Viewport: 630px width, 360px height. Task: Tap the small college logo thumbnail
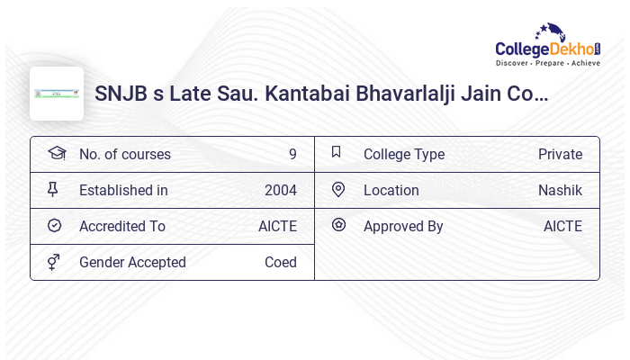(57, 94)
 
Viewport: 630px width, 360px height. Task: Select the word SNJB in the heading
(121, 94)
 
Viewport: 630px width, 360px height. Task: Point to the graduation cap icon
(56, 154)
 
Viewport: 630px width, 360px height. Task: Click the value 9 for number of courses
(292, 155)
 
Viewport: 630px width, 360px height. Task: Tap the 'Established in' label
(123, 191)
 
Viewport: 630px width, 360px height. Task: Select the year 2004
(281, 191)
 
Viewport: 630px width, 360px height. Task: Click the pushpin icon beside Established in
(53, 190)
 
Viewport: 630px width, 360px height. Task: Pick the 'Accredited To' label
(122, 227)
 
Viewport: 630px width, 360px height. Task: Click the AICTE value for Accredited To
(277, 227)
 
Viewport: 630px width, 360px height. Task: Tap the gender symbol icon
(54, 262)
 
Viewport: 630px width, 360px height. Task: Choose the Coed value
(281, 263)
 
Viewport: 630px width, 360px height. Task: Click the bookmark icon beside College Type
(337, 153)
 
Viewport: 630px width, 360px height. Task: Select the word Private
(560, 155)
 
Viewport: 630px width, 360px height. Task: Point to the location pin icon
(338, 190)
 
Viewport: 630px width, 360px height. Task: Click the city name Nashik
(560, 191)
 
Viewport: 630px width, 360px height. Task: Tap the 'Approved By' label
(403, 227)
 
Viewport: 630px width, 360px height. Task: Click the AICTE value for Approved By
(562, 227)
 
